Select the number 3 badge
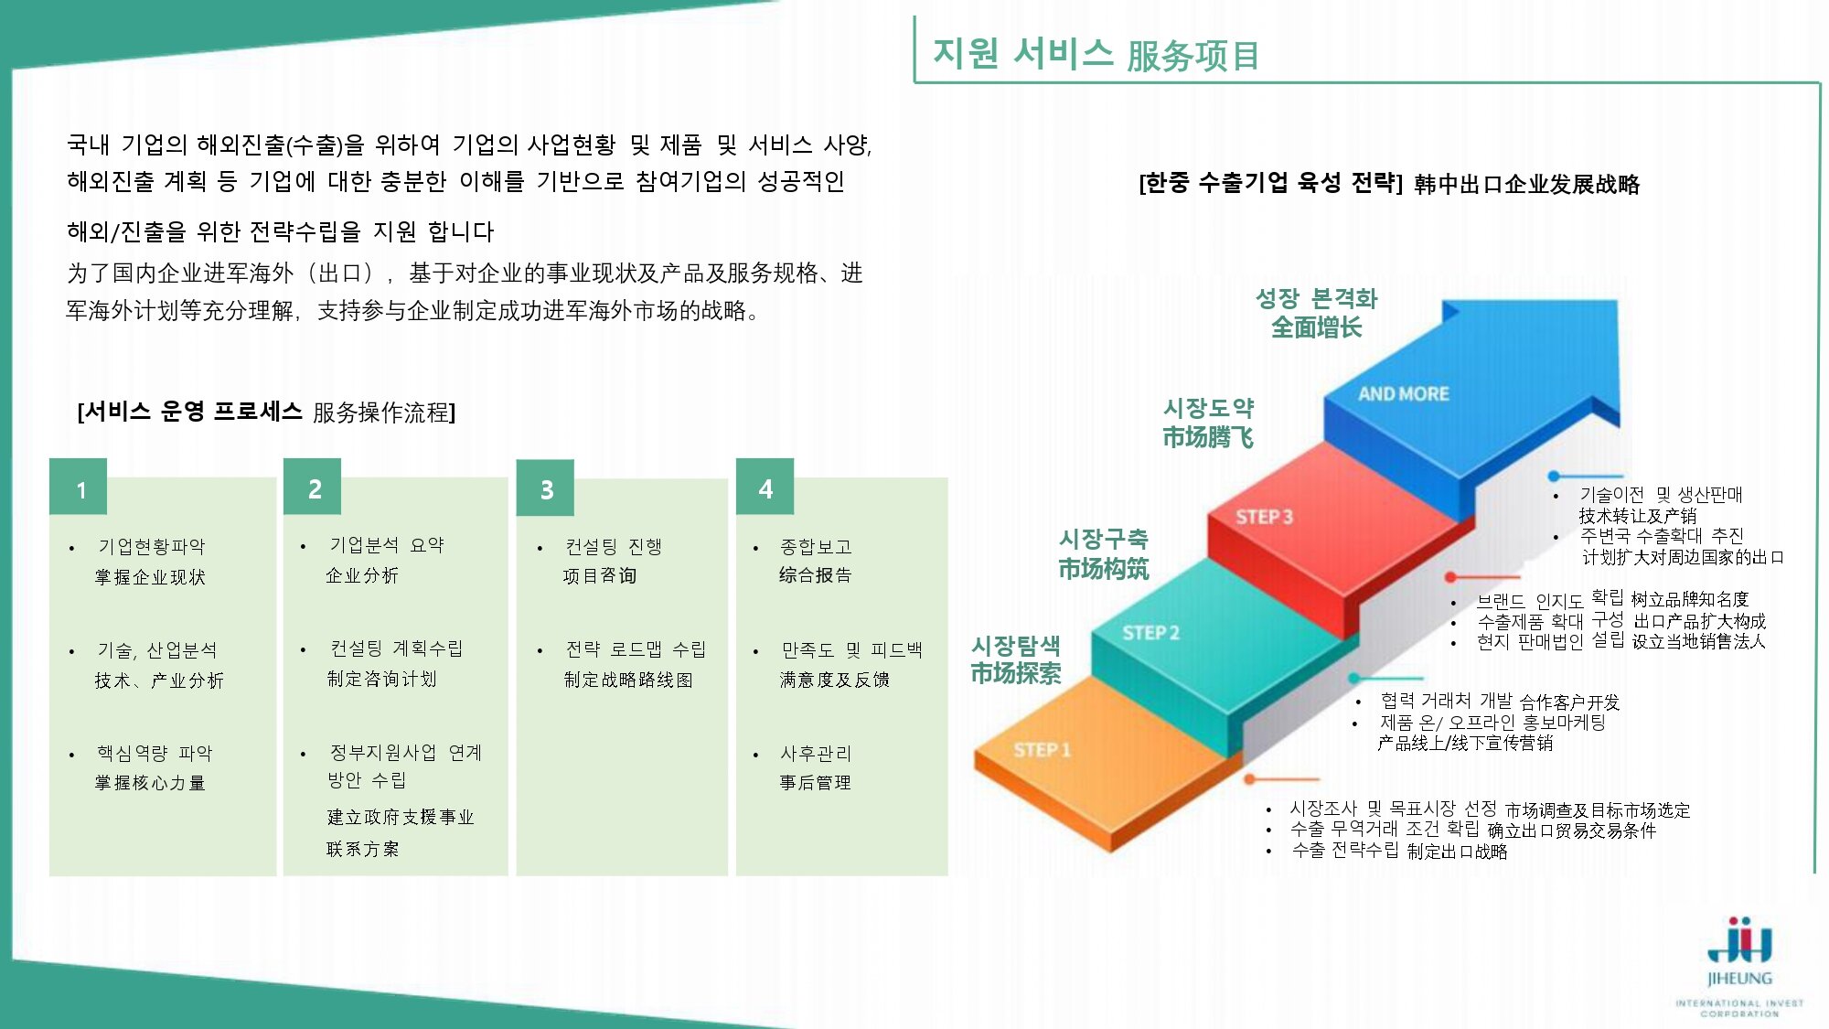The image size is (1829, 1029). pyautogui.click(x=545, y=488)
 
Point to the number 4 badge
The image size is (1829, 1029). pyautogui.click(x=765, y=487)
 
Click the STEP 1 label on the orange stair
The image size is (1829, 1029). pyautogui.click(x=1042, y=750)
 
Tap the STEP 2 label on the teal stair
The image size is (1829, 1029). pyautogui.click(x=1150, y=633)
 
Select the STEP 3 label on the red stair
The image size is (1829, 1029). pyautogui.click(x=1264, y=517)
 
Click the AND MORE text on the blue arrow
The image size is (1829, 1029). pyautogui.click(x=1403, y=394)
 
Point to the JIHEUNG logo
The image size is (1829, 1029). pyautogui.click(x=1739, y=966)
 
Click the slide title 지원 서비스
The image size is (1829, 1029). pyautogui.click(x=1022, y=53)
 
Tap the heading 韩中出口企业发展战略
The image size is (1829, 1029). pyautogui.click(x=1526, y=185)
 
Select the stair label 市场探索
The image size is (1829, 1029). pyautogui.click(x=1015, y=674)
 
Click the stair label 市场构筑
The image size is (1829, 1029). pyautogui.click(x=1103, y=569)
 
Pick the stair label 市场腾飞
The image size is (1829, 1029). pyautogui.click(x=1207, y=437)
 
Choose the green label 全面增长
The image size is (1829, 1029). pyautogui.click(x=1316, y=327)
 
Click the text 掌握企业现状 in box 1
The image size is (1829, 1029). pyautogui.click(x=150, y=577)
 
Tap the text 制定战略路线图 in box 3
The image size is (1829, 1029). pyautogui.click(x=628, y=680)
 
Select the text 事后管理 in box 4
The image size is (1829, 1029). pyautogui.click(x=815, y=782)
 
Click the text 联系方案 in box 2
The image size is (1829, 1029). pyautogui.click(x=362, y=849)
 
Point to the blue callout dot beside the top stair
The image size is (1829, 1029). pyautogui.click(x=1553, y=476)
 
